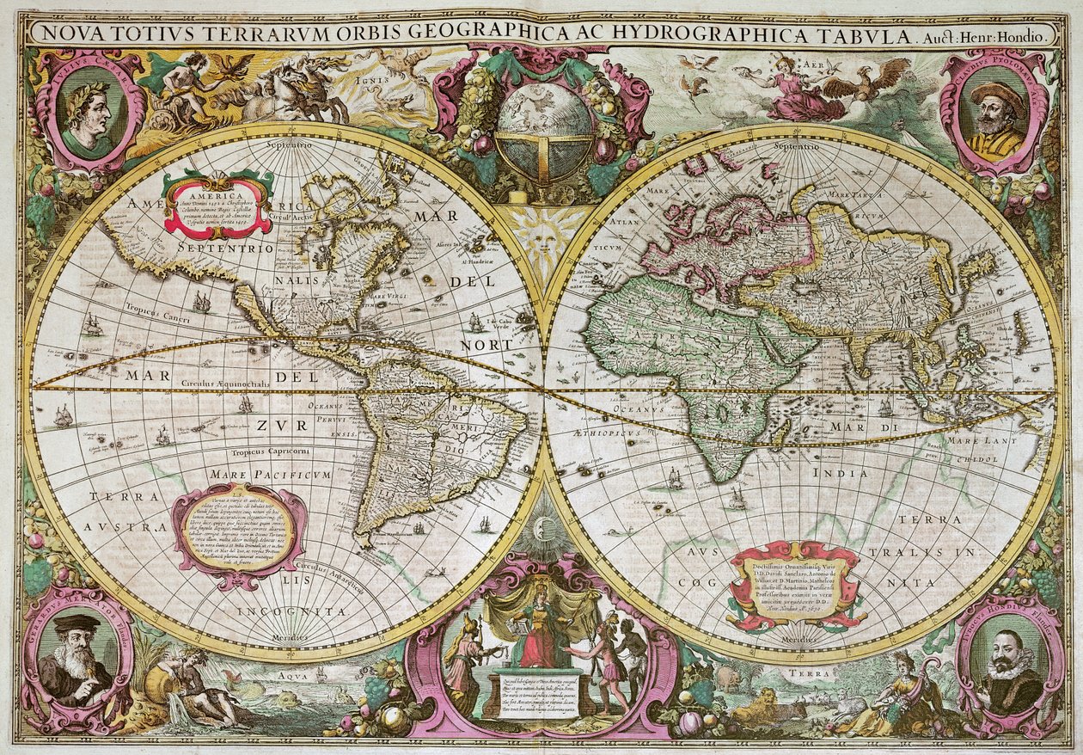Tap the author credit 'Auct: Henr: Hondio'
coord(986,36)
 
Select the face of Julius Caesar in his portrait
coord(88,111)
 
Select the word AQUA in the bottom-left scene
coord(291,676)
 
